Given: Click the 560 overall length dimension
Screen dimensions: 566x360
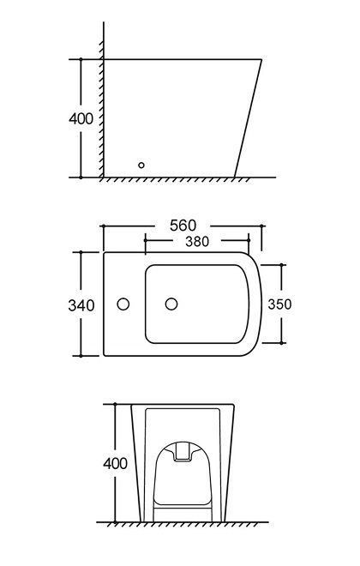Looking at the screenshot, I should pyautogui.click(x=182, y=226).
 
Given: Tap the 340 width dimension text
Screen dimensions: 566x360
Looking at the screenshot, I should pyautogui.click(x=81, y=304).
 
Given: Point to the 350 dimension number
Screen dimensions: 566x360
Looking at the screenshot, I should pyautogui.click(x=280, y=304).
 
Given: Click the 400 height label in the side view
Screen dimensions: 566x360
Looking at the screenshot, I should pyautogui.click(x=81, y=118).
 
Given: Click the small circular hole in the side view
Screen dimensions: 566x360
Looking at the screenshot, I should pyautogui.click(x=142, y=165).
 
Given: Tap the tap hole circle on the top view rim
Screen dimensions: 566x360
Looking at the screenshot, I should pyautogui.click(x=123, y=304).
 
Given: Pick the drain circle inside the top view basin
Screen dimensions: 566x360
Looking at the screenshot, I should pyautogui.click(x=171, y=304).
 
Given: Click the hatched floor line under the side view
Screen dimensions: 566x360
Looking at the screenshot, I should pyautogui.click(x=180, y=180).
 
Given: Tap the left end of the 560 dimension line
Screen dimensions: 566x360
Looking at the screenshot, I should pyautogui.click(x=103, y=226).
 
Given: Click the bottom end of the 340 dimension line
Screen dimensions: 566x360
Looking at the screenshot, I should pyautogui.click(x=81, y=355).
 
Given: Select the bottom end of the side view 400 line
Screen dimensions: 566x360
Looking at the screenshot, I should pyautogui.click(x=81, y=178).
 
